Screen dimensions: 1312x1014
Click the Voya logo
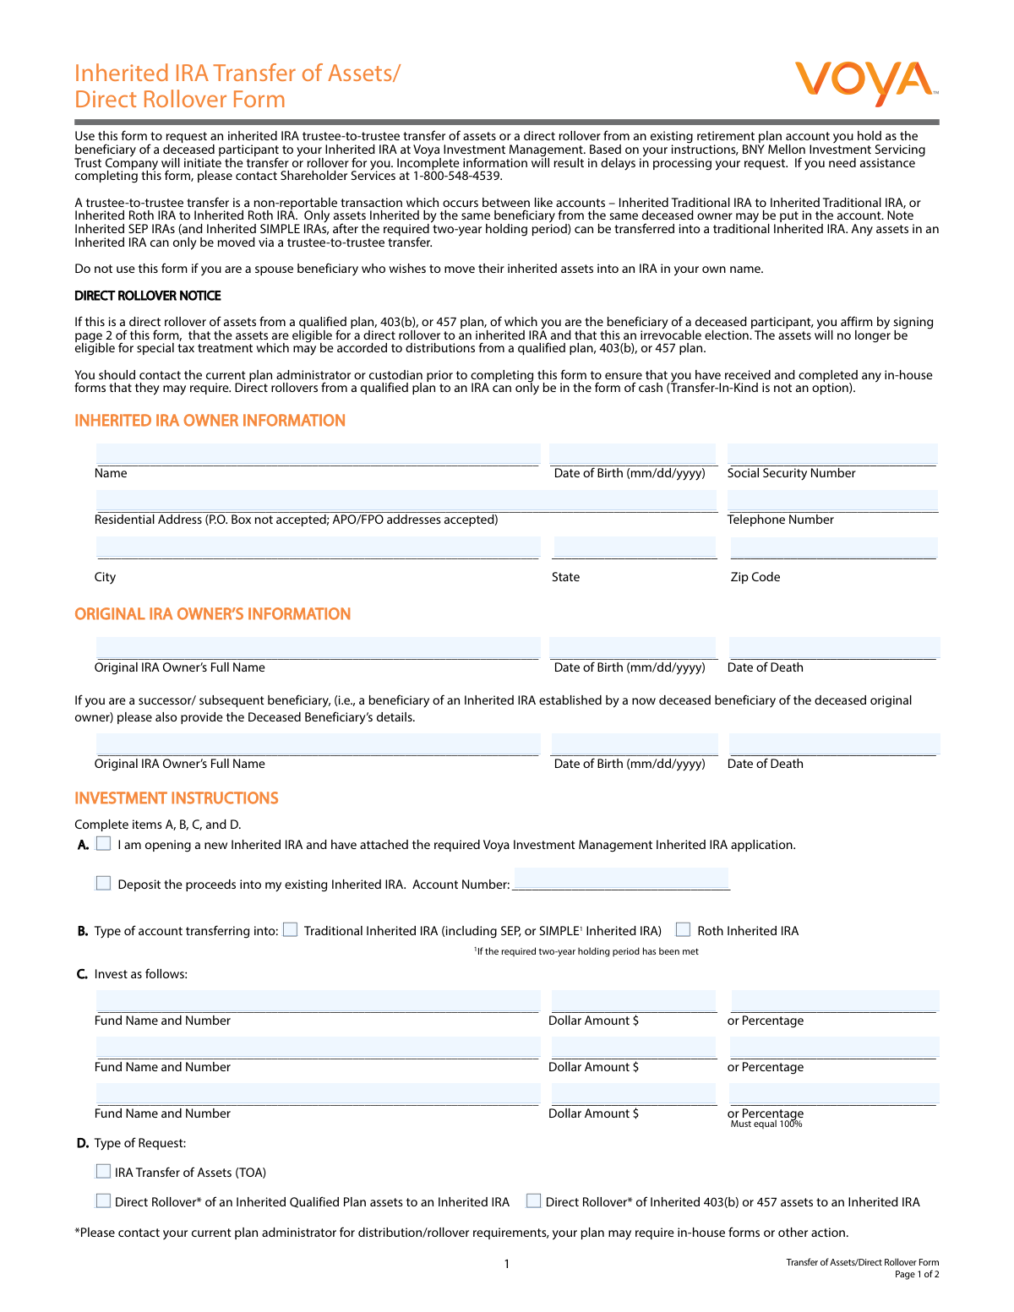pyautogui.click(x=865, y=83)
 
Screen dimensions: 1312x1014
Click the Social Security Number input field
pyautogui.click(x=832, y=455)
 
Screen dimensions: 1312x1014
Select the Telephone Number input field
pyautogui.click(x=832, y=501)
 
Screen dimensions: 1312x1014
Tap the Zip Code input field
pyautogui.click(x=833, y=547)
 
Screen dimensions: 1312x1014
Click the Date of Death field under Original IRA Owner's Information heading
pyautogui.click(x=833, y=648)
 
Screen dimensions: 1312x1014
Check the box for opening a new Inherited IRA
pyautogui.click(x=104, y=843)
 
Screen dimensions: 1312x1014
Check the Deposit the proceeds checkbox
pyautogui.click(x=104, y=883)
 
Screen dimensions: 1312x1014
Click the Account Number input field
pyautogui.click(x=621, y=879)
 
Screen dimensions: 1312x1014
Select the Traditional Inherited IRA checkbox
pyautogui.click(x=291, y=929)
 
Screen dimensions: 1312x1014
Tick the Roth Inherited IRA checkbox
pyautogui.click(x=684, y=929)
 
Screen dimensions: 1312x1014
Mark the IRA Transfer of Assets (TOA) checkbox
pyautogui.click(x=104, y=1171)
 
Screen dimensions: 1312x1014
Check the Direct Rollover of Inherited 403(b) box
pyautogui.click(x=534, y=1200)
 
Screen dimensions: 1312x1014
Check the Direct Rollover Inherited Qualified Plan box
pyautogui.click(x=104, y=1200)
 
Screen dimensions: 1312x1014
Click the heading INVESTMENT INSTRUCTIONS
pyautogui.click(x=177, y=798)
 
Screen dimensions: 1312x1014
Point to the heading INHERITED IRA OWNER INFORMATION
pyautogui.click(x=210, y=421)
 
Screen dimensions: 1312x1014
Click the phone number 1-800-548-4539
pyautogui.click(x=456, y=177)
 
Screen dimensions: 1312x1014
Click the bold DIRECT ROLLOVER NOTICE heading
pyautogui.click(x=148, y=296)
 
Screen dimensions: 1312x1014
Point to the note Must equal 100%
pyautogui.click(x=766, y=1124)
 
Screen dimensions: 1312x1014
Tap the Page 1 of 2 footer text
pyautogui.click(x=917, y=1275)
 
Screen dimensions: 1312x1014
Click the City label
pyautogui.click(x=105, y=577)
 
